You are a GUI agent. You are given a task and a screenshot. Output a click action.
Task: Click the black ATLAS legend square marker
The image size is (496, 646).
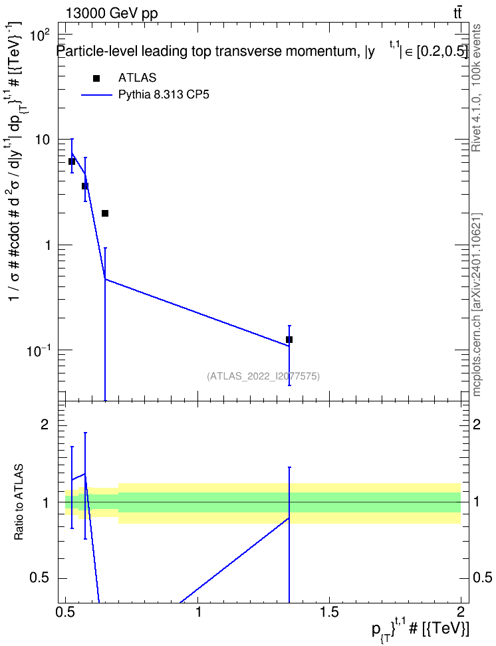pos(96,78)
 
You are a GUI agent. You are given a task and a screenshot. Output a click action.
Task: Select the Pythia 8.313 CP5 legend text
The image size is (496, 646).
pos(164,95)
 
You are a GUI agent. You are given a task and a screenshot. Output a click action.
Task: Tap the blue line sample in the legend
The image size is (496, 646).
pos(96,95)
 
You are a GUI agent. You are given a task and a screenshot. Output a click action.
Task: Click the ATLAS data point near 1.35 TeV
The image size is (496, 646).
pos(289,340)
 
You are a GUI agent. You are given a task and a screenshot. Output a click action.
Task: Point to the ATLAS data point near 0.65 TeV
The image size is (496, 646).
pos(105,213)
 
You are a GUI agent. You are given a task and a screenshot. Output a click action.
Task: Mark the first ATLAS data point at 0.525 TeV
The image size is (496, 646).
pos(72,161)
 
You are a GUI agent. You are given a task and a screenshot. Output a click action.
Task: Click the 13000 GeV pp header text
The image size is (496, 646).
pos(111,13)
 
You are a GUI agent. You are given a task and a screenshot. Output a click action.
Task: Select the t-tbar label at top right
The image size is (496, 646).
pos(457,13)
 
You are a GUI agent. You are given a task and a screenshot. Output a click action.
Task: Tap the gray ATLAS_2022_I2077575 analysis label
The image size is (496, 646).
pos(263,376)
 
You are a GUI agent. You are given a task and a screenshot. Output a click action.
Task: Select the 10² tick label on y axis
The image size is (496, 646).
pos(41,34)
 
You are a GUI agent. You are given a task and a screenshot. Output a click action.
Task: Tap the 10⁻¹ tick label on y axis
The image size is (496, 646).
pos(39,350)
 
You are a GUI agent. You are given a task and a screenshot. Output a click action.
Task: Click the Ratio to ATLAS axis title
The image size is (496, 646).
pos(19,502)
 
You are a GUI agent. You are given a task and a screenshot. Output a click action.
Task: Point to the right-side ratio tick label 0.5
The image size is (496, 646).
pos(482,578)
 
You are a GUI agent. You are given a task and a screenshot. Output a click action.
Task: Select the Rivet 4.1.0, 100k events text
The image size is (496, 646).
pos(476,88)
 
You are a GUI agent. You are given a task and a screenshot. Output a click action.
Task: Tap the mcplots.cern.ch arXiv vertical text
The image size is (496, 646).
pos(477,304)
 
